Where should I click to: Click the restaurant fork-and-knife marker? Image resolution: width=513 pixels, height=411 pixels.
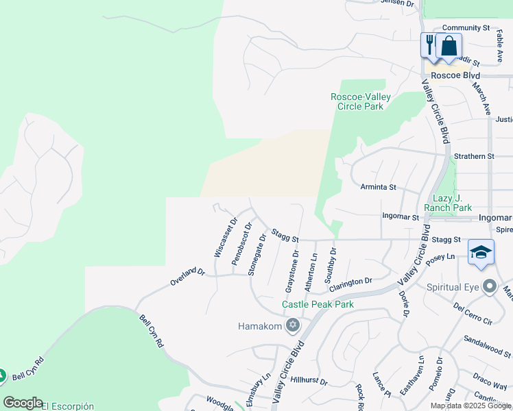pyautogui.click(x=429, y=45)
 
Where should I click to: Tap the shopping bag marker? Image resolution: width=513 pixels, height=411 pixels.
pyautogui.click(x=449, y=46)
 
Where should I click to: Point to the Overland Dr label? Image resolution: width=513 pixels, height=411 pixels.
pyautogui.click(x=187, y=277)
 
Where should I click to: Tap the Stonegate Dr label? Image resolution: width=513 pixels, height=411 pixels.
pyautogui.click(x=257, y=254)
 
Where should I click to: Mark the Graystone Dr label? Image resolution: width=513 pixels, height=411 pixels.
pyautogui.click(x=293, y=269)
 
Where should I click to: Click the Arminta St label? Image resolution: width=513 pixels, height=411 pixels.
pyautogui.click(x=379, y=186)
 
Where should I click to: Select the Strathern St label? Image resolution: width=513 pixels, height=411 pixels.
pyautogui.click(x=473, y=156)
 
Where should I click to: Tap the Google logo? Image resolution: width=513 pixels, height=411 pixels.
pyautogui.click(x=23, y=403)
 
